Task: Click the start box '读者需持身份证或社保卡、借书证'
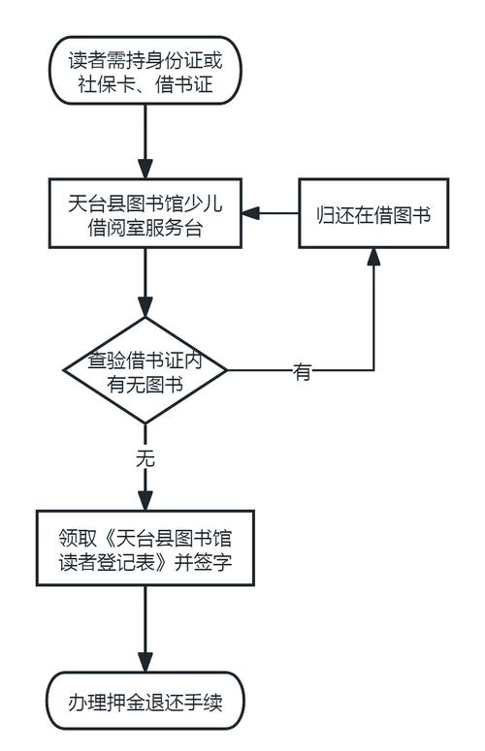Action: [145, 74]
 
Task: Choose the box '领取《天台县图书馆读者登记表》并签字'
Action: [145, 548]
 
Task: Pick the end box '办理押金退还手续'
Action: [145, 700]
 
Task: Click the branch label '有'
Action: [302, 372]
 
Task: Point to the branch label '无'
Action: [145, 458]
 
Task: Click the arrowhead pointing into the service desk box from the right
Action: [251, 213]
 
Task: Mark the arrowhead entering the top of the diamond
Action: [145, 307]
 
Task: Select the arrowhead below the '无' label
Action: [145, 499]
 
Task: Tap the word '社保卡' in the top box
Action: [108, 86]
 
